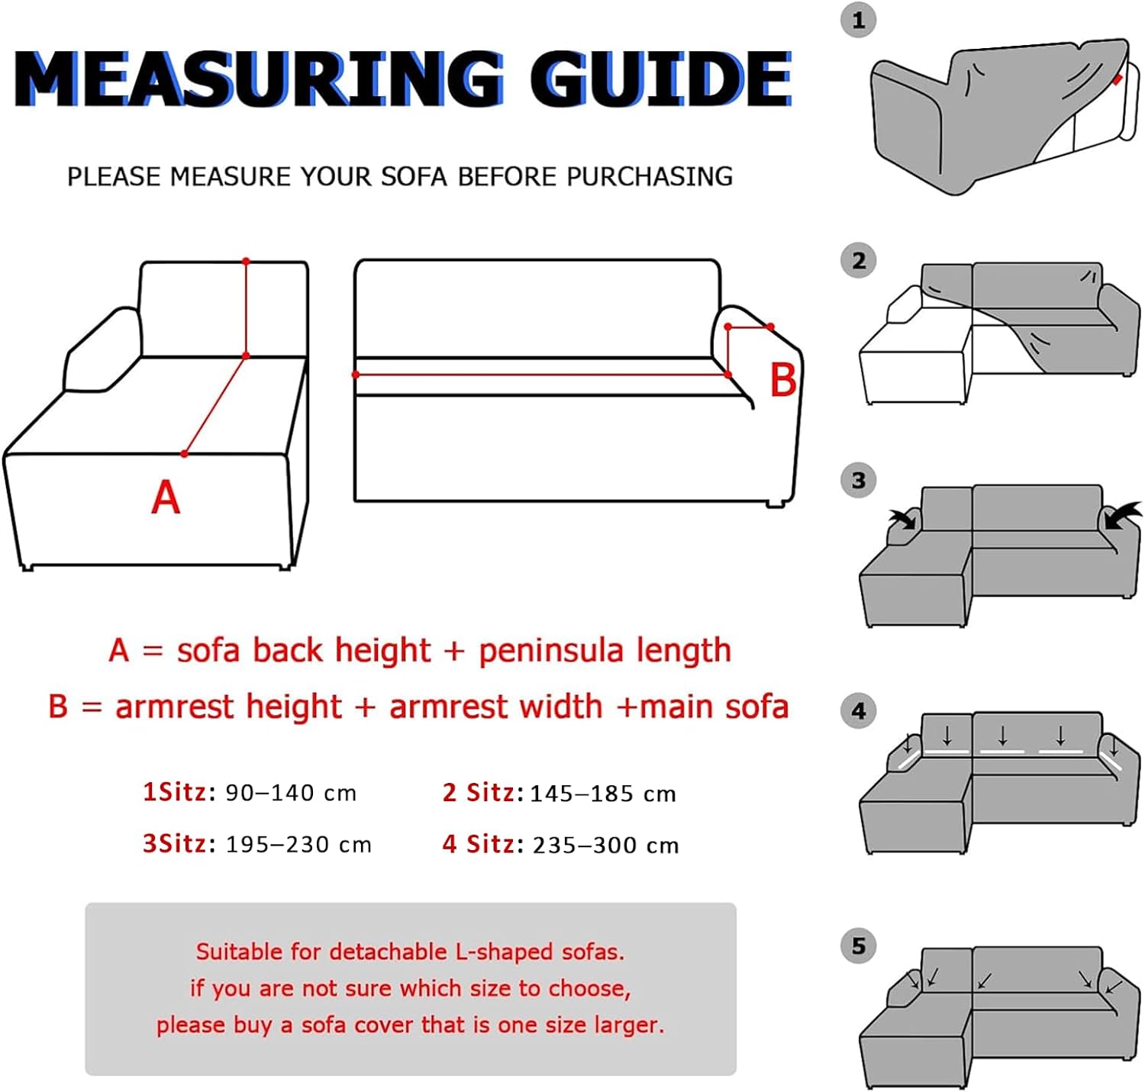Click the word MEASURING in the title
click(260, 79)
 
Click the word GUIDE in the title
click(661, 79)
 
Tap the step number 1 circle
click(858, 21)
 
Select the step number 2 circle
click(858, 261)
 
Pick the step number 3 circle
click(858, 481)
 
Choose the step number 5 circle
click(858, 945)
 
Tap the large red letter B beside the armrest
click(782, 380)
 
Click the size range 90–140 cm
click(291, 793)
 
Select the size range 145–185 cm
click(603, 794)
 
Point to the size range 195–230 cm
click(298, 845)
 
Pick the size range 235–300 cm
click(605, 845)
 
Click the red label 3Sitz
click(174, 843)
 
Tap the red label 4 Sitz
click(478, 844)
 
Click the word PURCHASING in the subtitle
click(650, 176)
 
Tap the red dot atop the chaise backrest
click(246, 262)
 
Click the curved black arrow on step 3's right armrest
click(1121, 515)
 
